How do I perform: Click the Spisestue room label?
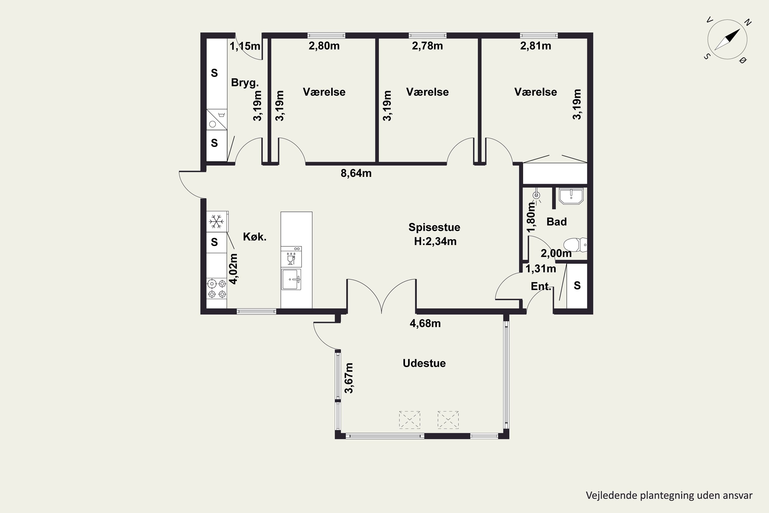(434, 227)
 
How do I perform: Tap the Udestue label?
(424, 363)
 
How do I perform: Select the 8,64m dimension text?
(356, 173)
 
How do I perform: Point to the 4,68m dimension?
(425, 323)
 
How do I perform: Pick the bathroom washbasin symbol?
(571, 196)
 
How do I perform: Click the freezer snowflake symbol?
(216, 222)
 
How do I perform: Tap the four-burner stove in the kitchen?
(217, 289)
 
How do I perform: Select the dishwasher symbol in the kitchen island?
(291, 257)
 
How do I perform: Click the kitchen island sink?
(291, 279)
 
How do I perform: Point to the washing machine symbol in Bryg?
(217, 120)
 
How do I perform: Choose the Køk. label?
(255, 236)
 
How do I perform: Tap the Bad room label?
(556, 222)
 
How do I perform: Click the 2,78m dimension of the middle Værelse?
(427, 46)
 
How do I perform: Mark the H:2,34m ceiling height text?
(435, 241)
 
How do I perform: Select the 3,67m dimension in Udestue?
(349, 378)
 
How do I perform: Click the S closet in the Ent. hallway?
(577, 286)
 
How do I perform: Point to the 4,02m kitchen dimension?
(233, 269)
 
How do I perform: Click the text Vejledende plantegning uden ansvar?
(669, 495)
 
